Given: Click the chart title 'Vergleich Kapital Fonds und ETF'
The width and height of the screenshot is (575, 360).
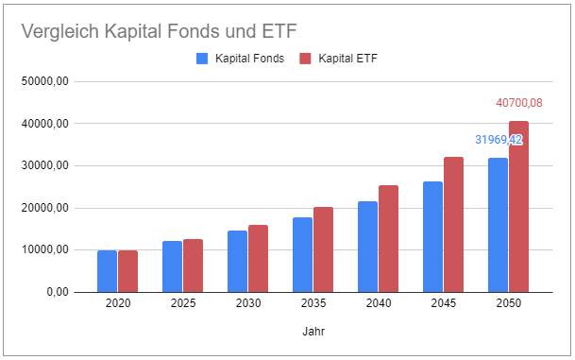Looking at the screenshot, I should point(147,30).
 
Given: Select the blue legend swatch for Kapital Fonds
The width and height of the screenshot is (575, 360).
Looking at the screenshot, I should point(202,59).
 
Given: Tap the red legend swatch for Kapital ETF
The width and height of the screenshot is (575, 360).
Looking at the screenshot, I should point(305,59).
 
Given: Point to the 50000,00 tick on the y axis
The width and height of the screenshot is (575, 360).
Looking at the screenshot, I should point(45,81).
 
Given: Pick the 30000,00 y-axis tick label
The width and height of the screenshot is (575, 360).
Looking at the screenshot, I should point(45,165).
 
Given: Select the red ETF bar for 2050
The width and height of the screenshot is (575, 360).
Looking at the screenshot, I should point(519,206).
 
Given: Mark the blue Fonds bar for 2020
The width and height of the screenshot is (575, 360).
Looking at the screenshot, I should point(108,271).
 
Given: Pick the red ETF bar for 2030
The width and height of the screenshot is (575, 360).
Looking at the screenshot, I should point(258,258).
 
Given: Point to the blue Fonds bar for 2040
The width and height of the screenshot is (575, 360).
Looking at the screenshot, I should point(367,247).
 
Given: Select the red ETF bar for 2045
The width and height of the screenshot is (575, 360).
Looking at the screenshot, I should point(453,224).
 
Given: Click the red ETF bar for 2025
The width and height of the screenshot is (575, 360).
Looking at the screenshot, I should point(193,266).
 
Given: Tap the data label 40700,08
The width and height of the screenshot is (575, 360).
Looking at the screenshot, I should point(519,103).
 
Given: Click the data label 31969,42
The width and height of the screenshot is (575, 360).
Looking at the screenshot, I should point(499,140).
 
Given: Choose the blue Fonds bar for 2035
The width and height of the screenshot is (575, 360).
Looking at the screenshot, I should point(302,254).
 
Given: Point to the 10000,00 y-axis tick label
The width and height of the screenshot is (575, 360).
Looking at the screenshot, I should point(45,249).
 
